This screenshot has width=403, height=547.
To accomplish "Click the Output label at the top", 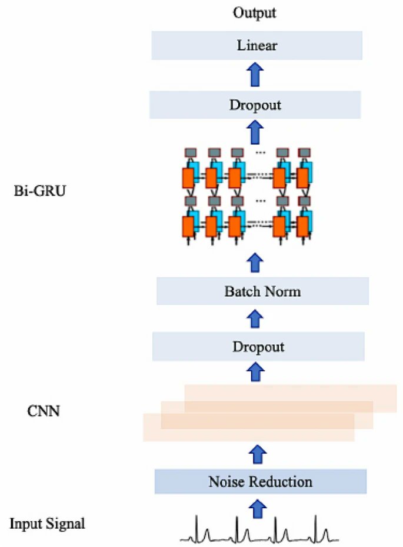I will click(x=254, y=12).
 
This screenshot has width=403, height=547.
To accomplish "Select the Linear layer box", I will click(x=257, y=45).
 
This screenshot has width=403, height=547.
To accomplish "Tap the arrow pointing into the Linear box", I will click(x=255, y=76).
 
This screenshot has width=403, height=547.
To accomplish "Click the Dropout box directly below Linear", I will click(x=255, y=105).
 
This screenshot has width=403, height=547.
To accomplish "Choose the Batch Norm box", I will click(x=262, y=291).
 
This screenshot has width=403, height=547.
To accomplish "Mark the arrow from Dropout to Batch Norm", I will click(x=255, y=318).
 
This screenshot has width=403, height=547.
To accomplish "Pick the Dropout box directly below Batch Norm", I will click(x=258, y=347).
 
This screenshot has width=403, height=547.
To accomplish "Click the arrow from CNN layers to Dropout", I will click(x=255, y=372).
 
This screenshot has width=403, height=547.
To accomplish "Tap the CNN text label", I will click(x=44, y=410).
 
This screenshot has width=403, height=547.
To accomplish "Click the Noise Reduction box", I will click(x=260, y=482).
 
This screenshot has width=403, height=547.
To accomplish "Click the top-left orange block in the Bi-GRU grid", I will click(x=189, y=179).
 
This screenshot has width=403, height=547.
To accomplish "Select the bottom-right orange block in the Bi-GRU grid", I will click(x=304, y=226).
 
